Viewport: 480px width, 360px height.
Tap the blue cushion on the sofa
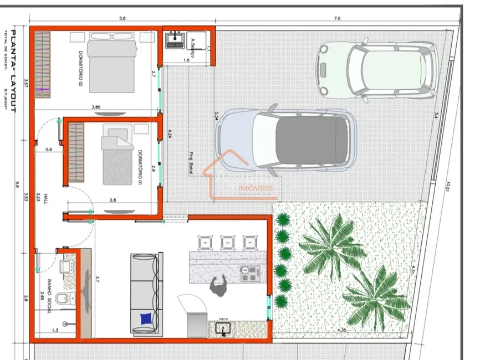146,318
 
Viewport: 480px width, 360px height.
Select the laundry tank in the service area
176,39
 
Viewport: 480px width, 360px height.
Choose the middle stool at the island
228,242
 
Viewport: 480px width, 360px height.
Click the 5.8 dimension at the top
122,18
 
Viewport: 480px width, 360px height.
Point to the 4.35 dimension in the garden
342,331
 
